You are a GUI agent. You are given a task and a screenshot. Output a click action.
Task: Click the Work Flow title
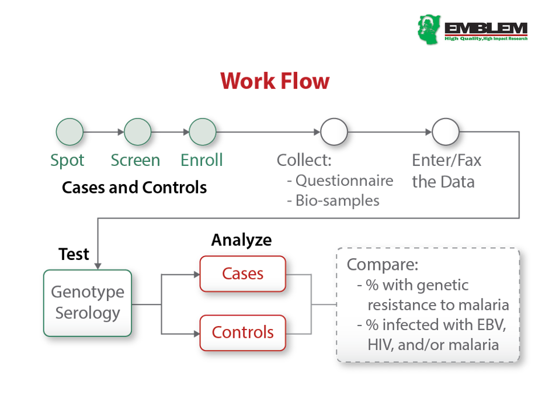point(275,81)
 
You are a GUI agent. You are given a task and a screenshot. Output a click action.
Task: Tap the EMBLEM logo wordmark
point(485,28)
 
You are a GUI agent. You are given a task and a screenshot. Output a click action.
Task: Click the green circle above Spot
point(69,132)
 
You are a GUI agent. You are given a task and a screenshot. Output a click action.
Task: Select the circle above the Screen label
point(138,132)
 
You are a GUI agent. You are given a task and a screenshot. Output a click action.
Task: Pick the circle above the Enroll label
point(203,132)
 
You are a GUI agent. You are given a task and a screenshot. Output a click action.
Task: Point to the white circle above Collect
point(333,132)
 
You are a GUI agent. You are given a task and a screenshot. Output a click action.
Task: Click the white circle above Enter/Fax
point(446,132)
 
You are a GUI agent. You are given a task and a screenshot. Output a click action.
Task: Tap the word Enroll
point(201,160)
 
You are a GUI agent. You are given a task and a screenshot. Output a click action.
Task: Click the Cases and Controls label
point(134,188)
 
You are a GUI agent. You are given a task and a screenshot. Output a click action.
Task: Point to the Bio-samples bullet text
point(337,200)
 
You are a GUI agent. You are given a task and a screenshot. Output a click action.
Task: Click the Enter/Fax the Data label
point(446,171)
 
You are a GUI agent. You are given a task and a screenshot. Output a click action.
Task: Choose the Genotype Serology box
point(88,303)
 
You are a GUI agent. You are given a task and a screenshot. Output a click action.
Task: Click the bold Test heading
point(74,254)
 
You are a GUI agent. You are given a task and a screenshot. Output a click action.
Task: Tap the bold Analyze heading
point(241,240)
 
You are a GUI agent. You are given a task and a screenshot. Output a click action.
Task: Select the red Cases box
point(242,273)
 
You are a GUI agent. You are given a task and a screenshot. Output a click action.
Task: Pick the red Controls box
point(242,332)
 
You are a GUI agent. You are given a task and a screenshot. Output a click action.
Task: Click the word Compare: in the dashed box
point(383,265)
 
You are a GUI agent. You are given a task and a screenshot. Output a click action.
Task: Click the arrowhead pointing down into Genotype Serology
point(98,266)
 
